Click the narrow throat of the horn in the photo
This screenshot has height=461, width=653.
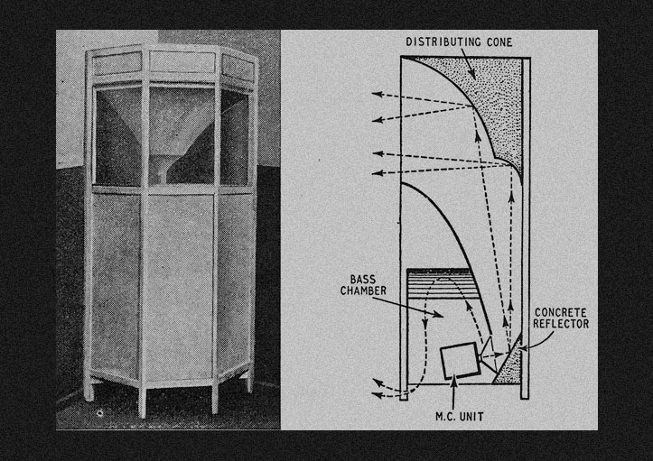click(x=163, y=168)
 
